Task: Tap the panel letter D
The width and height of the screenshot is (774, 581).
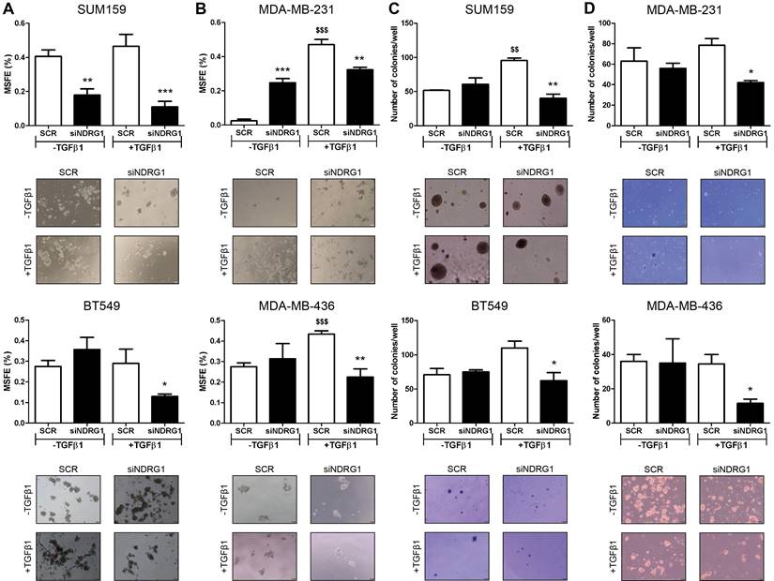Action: click(x=581, y=9)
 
